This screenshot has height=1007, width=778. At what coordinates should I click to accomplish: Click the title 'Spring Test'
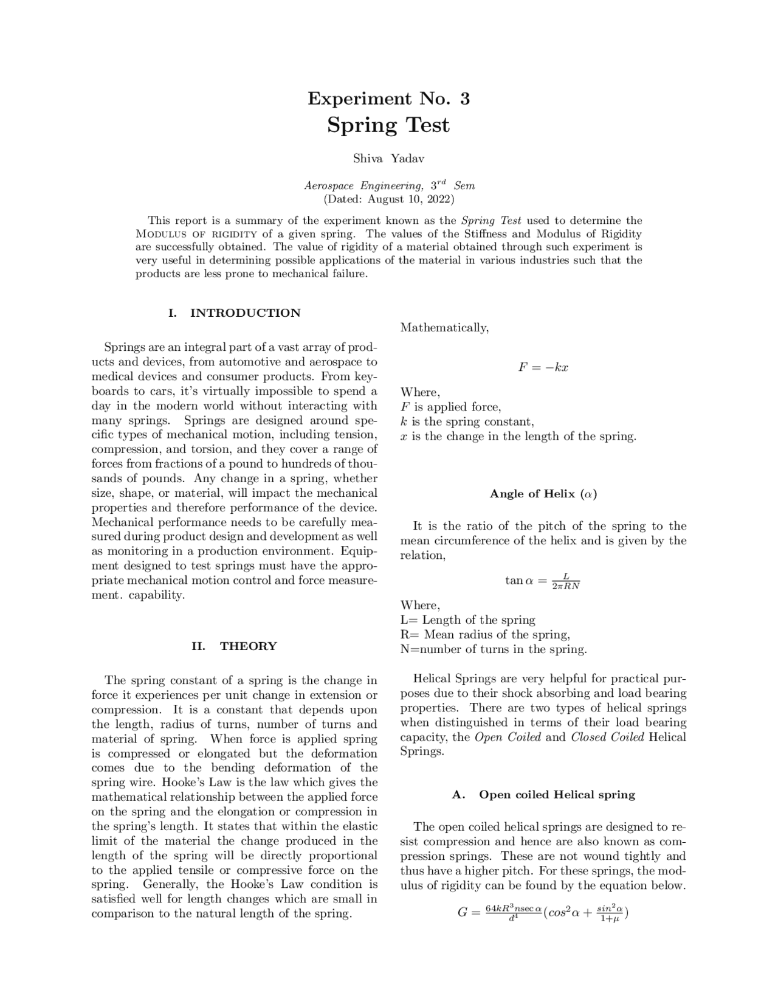388,125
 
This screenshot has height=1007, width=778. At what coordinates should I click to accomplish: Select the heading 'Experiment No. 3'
388,99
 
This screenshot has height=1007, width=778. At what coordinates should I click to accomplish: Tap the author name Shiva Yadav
388,159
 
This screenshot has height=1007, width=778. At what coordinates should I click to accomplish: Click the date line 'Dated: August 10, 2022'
388,199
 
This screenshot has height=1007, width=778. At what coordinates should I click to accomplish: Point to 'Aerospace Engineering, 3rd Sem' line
389,185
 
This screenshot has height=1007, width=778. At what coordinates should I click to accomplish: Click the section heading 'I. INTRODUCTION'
234,313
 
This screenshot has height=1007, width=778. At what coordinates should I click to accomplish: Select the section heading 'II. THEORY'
234,646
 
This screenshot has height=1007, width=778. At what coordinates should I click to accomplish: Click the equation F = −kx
543,367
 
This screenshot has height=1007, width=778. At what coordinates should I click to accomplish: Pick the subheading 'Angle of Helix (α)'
543,494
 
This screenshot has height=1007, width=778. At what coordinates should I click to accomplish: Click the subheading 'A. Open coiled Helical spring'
543,795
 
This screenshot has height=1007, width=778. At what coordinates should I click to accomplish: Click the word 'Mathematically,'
444,328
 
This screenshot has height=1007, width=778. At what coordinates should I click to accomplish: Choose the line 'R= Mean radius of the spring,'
485,635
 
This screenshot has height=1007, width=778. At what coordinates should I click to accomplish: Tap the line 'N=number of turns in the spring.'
494,649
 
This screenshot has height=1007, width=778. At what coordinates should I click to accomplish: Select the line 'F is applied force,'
450,407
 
